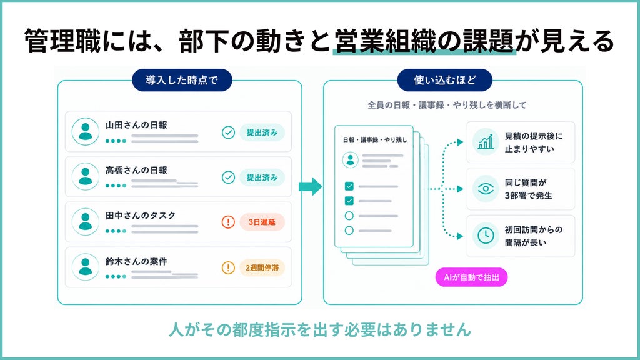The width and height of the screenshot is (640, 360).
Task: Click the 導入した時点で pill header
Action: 182,80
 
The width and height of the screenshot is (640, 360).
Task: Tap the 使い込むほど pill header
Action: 445,80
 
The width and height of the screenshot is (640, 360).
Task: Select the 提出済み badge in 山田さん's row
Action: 262,132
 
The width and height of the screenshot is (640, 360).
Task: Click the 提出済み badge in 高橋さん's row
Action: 262,177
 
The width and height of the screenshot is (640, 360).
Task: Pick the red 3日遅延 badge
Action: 262,222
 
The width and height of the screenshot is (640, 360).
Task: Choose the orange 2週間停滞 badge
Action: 262,267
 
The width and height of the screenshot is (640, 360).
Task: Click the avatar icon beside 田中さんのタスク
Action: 85,222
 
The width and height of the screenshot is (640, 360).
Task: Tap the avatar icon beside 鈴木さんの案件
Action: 85,267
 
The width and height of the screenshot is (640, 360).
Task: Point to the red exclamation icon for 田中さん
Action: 228,222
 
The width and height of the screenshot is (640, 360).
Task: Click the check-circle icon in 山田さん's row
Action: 228,132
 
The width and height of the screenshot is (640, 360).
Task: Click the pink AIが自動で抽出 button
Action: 471,277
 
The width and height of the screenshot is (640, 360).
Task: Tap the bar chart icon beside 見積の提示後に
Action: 486,142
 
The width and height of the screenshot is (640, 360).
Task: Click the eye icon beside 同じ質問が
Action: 486,189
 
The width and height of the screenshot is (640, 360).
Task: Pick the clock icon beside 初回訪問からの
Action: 486,236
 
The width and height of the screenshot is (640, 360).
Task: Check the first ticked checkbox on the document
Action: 349,186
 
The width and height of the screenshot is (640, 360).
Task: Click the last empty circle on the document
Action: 349,230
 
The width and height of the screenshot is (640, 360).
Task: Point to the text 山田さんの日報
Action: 136,125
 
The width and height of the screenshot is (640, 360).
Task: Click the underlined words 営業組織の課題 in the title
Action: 424,41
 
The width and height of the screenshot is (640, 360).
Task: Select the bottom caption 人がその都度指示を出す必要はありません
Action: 320,329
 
